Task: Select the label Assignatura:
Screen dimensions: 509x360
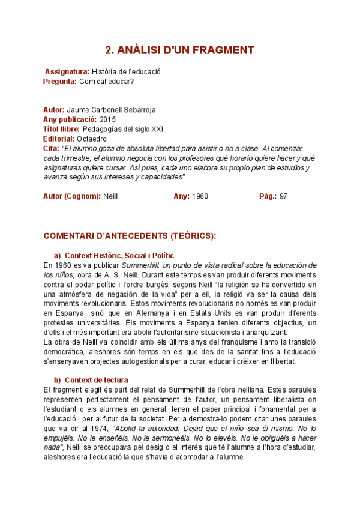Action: (67, 72)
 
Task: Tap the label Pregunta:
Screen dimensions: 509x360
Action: (59, 81)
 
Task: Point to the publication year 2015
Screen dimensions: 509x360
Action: (108, 120)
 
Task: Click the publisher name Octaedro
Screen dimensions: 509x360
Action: (92, 139)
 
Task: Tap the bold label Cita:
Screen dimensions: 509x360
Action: (51, 148)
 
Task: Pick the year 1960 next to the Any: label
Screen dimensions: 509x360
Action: (200, 196)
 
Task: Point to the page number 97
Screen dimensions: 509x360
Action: (284, 196)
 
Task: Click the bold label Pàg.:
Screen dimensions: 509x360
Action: (268, 196)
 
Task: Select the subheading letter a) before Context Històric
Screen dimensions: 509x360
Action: (58, 255)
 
